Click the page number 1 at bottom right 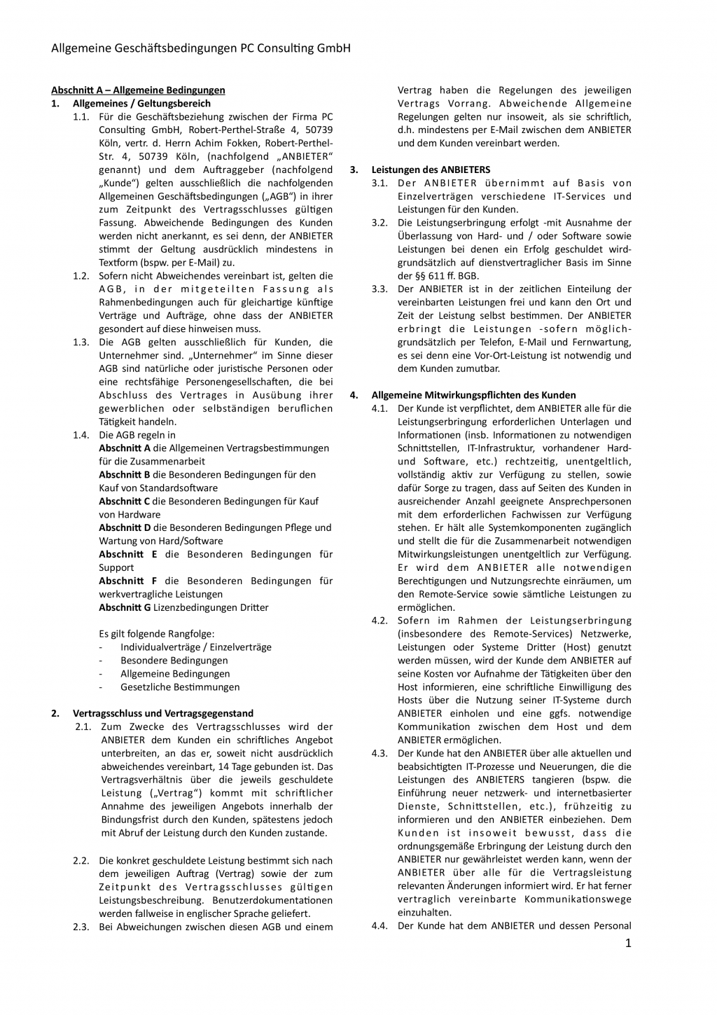pos(628,943)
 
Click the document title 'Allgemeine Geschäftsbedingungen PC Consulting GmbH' pos(200,48)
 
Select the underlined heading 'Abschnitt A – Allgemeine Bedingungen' pos(138,90)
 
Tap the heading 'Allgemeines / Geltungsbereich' pos(141,103)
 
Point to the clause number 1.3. pos(81,342)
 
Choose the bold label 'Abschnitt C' pos(124,501)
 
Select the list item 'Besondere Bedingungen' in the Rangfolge pos(174,661)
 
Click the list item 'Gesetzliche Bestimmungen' pos(179,687)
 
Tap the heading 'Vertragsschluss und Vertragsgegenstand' pos(162,713)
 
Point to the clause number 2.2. pos(81,860)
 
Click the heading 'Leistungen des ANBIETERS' pos(431,170)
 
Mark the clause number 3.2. pos(380,223)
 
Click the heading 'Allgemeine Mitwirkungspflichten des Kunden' pos(473,395)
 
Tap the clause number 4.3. pos(380,753)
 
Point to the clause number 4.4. pos(380,925)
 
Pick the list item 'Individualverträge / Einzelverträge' pos(195,647)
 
